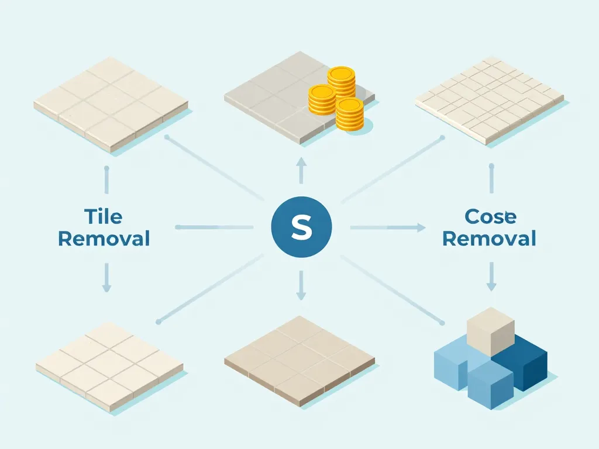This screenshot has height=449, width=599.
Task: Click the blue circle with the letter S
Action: pyautogui.click(x=301, y=227)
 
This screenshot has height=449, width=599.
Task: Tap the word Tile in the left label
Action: pyautogui.click(x=104, y=216)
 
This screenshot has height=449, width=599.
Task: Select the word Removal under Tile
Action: pyautogui.click(x=104, y=239)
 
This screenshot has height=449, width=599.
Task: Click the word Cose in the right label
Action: pyautogui.click(x=490, y=216)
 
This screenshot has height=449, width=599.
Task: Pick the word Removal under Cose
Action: pyautogui.click(x=489, y=239)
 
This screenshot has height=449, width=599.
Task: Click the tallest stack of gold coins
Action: pyautogui.click(x=341, y=82)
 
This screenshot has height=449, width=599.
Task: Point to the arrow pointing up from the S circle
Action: pyautogui.click(x=301, y=170)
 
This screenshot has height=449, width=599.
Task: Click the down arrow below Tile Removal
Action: pyautogui.click(x=106, y=277)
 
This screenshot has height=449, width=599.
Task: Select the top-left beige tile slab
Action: pyautogui.click(x=111, y=105)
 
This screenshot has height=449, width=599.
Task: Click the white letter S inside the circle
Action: pyautogui.click(x=301, y=227)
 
